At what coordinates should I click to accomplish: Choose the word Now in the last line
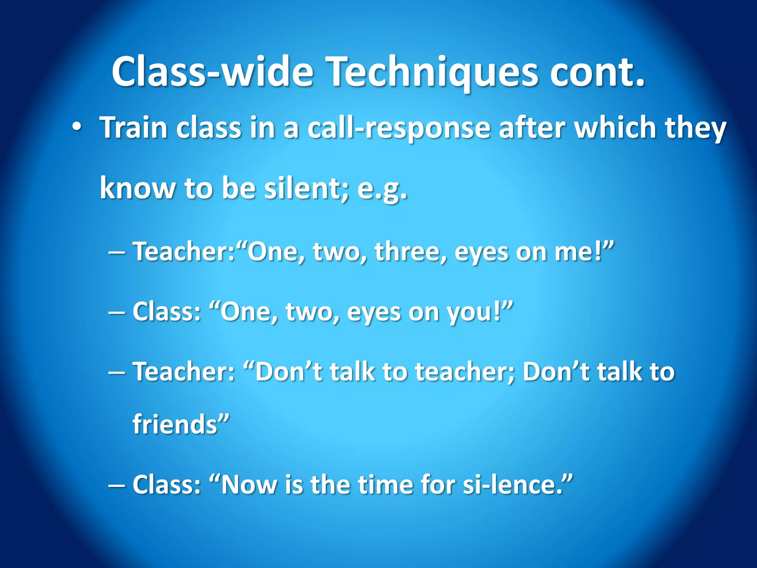click(x=248, y=484)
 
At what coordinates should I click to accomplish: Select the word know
click(x=138, y=188)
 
